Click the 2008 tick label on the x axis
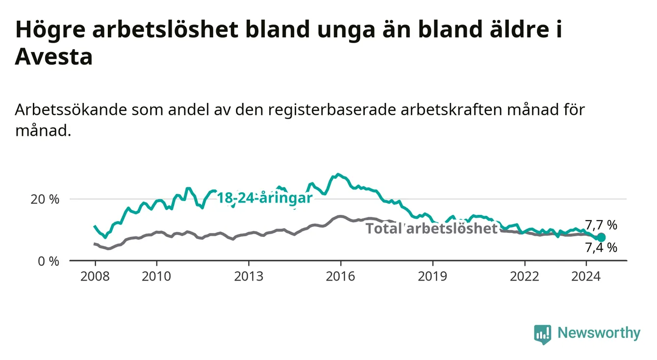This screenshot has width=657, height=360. pos(95,277)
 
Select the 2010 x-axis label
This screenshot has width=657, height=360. pos(156,277)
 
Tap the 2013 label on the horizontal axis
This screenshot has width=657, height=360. pos(249,277)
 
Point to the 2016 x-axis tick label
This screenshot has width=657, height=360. pos(341,277)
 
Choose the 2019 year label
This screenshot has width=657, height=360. pos(432,277)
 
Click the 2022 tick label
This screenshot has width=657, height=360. pos(525,277)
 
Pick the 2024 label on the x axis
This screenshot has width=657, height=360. pos(586,277)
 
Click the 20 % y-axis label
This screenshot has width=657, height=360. pos(45,200)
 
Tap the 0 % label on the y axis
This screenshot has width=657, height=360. pos(49,261)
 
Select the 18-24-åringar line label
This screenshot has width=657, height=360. pos(265,198)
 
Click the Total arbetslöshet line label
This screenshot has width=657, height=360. pos(432,228)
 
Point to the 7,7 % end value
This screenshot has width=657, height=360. pos(601,225)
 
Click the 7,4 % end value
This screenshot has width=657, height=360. pos(601,248)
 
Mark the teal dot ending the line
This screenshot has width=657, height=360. pos(601,237)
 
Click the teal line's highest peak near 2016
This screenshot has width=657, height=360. pos(338,174)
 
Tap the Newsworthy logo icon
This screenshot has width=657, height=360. pos(543,334)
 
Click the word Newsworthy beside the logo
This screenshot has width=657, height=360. pos(599,333)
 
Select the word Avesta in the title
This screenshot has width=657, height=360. pos(54,56)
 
